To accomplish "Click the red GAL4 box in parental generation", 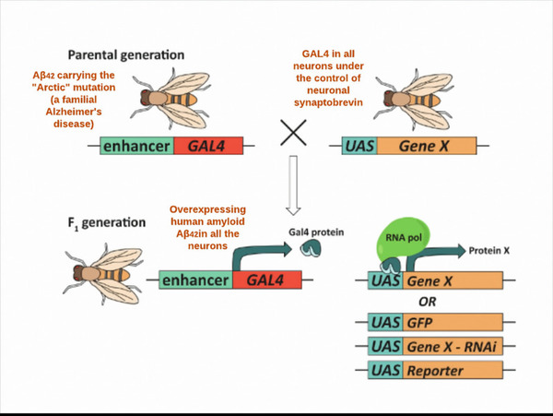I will click(208, 146).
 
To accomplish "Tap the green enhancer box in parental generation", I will click(136, 146).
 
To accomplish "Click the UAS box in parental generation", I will click(357, 146).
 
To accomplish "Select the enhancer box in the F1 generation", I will click(196, 280).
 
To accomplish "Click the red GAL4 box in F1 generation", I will click(266, 280).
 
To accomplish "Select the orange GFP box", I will click(453, 322).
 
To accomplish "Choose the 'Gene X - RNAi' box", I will click(453, 346).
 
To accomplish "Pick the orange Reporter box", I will click(453, 371).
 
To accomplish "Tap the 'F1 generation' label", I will click(106, 222).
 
